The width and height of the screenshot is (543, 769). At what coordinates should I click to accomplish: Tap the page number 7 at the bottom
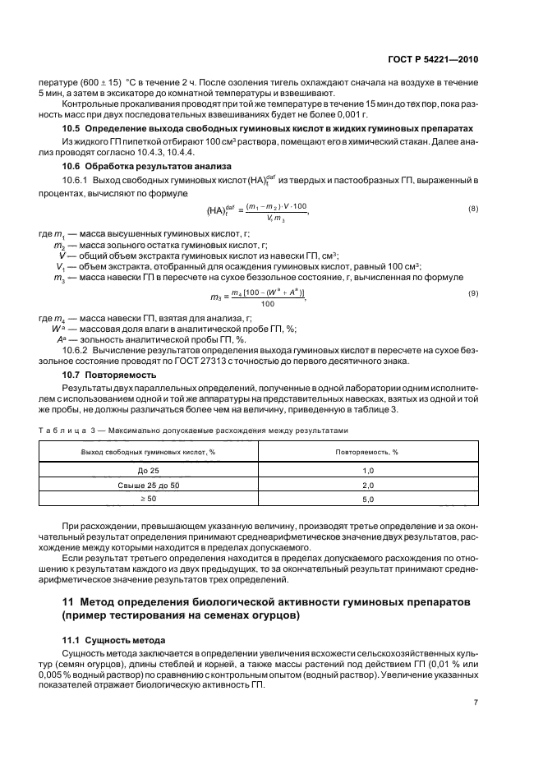(476, 702)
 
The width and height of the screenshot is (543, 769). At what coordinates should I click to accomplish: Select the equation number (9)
(472, 293)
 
